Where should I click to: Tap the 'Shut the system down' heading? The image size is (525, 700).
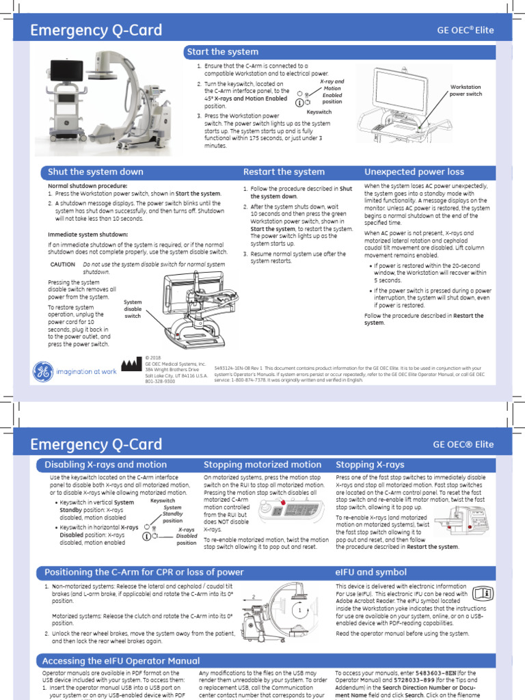(x=96, y=172)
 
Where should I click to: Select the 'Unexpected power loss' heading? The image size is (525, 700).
(x=414, y=172)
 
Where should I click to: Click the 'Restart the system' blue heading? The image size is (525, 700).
(x=284, y=172)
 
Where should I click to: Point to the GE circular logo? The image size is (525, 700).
(x=42, y=371)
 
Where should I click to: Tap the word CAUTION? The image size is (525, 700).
(x=63, y=265)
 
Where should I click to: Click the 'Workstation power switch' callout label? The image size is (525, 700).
(x=466, y=90)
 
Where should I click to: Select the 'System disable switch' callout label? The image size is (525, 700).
(x=133, y=308)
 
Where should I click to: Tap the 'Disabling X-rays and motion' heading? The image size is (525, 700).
(x=105, y=465)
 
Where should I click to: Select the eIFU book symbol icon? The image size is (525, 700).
(x=483, y=593)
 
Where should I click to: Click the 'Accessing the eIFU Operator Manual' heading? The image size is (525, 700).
(x=121, y=661)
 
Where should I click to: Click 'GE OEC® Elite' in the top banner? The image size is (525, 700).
(x=465, y=30)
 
